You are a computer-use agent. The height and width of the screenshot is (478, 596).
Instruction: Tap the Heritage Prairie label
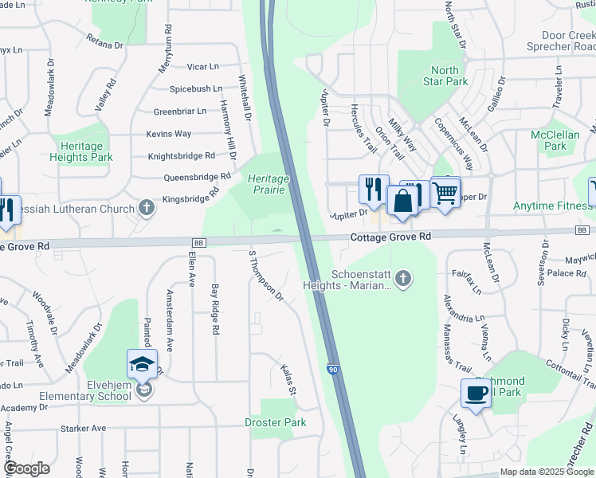click(x=269, y=184)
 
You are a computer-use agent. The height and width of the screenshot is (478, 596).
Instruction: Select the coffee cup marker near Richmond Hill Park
click(x=476, y=394)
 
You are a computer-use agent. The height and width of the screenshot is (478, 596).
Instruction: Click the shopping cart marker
click(x=445, y=191)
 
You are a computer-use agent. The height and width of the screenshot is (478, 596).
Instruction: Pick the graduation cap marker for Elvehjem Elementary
click(x=142, y=365)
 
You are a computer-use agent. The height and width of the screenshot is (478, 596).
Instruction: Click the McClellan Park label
click(x=555, y=140)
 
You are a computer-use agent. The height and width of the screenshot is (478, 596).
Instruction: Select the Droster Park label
click(x=276, y=422)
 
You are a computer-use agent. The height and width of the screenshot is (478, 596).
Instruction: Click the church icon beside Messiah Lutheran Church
click(x=146, y=208)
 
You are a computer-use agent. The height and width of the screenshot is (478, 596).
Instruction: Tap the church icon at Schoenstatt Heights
click(x=403, y=278)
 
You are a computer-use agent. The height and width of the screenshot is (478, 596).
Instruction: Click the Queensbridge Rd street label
click(x=197, y=176)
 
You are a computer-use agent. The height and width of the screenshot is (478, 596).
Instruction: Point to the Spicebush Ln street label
click(x=195, y=88)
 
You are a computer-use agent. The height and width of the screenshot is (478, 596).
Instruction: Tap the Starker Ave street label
click(x=88, y=428)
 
